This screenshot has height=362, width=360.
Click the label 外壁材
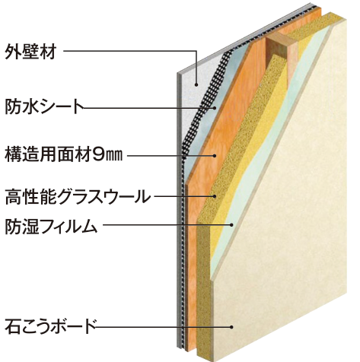pyautogui.click(x=30, y=52)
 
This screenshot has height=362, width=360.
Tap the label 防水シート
pyautogui.click(x=44, y=107)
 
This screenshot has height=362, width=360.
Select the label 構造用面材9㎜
pyautogui.click(x=63, y=154)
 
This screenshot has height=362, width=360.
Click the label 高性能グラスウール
pyautogui.click(x=78, y=197)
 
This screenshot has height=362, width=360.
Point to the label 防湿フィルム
pyautogui.click(x=51, y=226)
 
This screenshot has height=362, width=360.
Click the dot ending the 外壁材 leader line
pyautogui.click(x=196, y=85)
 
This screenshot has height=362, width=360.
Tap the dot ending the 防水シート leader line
pyautogui.click(x=215, y=108)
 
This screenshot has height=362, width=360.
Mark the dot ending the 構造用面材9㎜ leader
pyautogui.click(x=215, y=156)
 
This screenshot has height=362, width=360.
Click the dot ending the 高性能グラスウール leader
pyautogui.click(x=215, y=196)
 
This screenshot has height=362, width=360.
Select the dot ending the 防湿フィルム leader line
pyautogui.click(x=231, y=224)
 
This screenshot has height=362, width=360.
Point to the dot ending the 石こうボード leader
pyautogui.click(x=231, y=327)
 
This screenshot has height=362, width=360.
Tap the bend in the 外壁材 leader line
pyautogui.click(x=196, y=51)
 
